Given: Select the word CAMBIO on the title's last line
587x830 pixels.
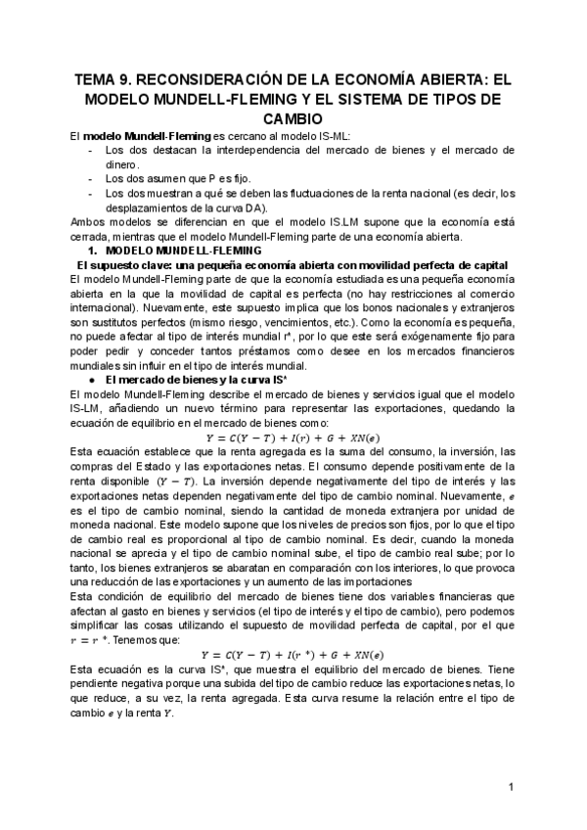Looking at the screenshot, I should click(x=293, y=118).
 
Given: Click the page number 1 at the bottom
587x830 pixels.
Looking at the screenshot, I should click(x=511, y=787).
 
